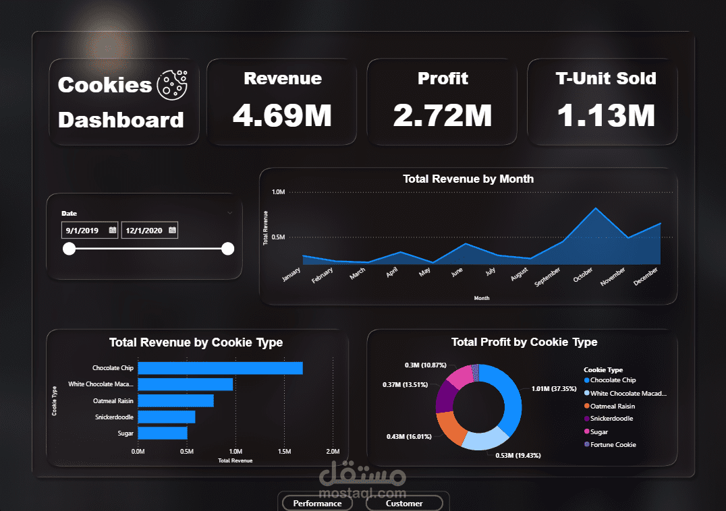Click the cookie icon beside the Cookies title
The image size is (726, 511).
(172, 85)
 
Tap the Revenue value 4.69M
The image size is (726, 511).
(282, 115)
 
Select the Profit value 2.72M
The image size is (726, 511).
(443, 115)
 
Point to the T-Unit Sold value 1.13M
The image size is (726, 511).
(606, 115)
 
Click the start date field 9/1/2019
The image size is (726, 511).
(82, 231)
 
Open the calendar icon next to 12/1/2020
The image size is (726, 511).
(172, 231)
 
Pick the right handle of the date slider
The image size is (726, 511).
(228, 249)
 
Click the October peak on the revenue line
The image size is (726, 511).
(595, 208)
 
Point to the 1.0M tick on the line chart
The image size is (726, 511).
(279, 192)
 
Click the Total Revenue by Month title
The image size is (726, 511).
(468, 179)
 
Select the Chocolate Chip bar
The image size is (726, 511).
(220, 368)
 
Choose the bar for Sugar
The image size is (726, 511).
(163, 433)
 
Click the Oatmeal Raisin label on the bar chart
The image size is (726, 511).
(113, 400)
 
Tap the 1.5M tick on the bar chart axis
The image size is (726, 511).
(284, 451)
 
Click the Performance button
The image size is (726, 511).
(317, 503)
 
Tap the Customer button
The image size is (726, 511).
(404, 503)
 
